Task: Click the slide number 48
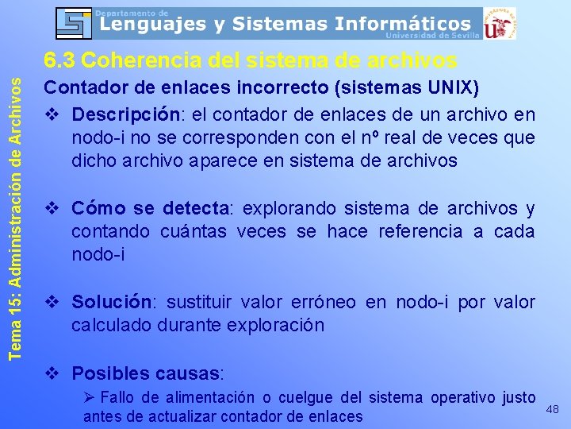pos(553,409)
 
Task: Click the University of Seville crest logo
pos(499,23)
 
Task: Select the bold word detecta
pos(195,209)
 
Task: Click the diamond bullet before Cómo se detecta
pos(52,209)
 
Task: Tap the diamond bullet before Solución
pos(52,302)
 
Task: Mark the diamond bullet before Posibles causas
pos(52,373)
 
